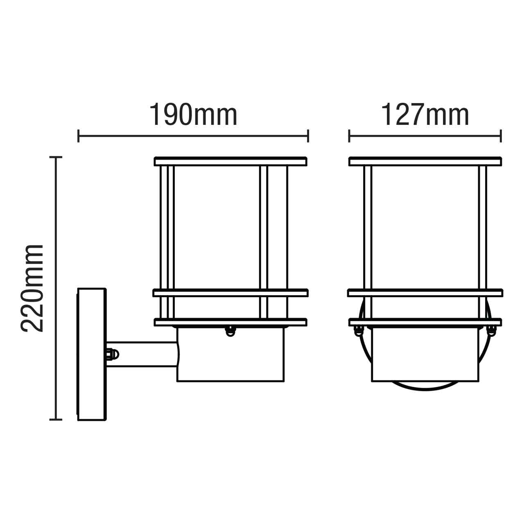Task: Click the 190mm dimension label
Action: (x=193, y=115)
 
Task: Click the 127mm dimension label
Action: (x=425, y=115)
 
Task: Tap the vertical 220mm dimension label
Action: (x=32, y=288)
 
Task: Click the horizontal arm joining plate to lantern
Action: (x=143, y=354)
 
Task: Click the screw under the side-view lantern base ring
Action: (x=230, y=331)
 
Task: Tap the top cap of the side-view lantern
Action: (x=230, y=161)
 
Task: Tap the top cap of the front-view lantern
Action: (x=425, y=161)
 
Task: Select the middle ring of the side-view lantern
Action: (x=230, y=293)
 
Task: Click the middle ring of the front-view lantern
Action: (x=425, y=293)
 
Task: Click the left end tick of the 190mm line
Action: (x=78, y=136)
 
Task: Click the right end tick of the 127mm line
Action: (x=501, y=136)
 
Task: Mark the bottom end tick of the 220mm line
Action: (x=56, y=419)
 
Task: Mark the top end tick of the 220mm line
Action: (x=56, y=157)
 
